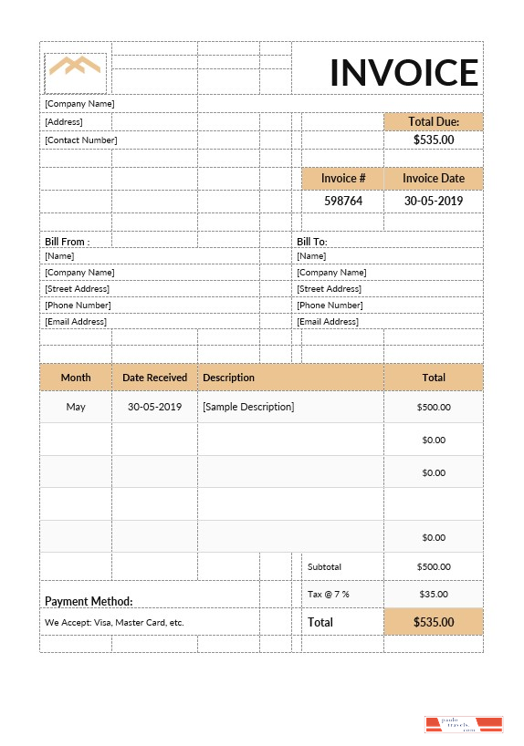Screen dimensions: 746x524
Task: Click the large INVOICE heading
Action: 403,72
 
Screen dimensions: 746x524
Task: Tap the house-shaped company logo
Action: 75,67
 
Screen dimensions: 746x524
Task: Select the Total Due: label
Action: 433,121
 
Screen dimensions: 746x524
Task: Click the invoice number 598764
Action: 343,201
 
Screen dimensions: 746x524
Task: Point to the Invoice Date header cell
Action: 434,179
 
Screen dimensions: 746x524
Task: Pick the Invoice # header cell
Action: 343,179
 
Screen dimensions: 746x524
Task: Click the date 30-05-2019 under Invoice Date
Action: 434,201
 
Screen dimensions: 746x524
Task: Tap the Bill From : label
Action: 66,242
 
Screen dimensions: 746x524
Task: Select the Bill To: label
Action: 311,242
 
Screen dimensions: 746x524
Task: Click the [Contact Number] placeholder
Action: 80,140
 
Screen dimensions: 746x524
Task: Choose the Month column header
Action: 76,377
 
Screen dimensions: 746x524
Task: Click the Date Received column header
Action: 154,377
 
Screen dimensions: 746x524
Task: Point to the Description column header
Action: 228,377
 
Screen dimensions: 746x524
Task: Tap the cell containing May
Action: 76,407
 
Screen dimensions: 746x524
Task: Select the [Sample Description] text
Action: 248,407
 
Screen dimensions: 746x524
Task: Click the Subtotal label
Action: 324,566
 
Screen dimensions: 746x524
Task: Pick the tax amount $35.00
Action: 434,594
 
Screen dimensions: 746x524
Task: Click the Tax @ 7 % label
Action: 329,594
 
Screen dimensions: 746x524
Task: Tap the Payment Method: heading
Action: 89,601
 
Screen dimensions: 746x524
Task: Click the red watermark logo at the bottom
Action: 464,724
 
